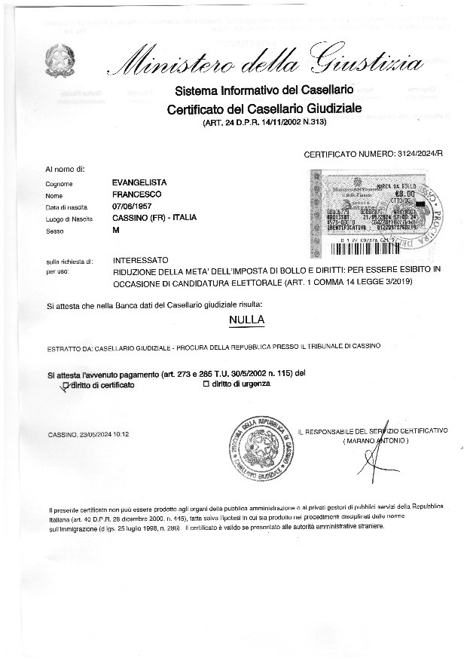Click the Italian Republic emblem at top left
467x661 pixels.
57,60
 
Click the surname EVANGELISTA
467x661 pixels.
139,183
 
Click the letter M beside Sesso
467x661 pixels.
115,231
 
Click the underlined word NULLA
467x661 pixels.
246,320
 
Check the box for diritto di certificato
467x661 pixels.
66,385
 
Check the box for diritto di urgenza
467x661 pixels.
206,385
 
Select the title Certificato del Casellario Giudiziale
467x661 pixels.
264,109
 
